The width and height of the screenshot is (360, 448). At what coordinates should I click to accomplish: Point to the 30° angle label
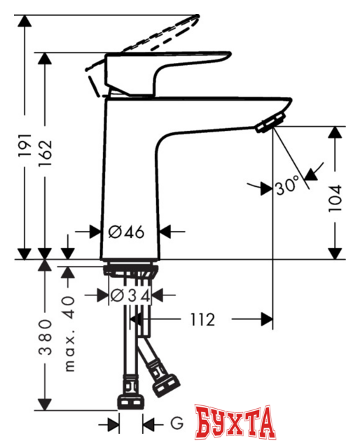[287, 187]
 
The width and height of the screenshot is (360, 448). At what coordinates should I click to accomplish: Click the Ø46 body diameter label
[128, 231]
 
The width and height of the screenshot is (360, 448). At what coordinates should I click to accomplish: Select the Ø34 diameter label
[131, 295]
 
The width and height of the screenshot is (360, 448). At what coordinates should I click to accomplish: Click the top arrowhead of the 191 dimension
[26, 20]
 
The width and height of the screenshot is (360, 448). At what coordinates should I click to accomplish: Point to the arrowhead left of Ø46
[96, 231]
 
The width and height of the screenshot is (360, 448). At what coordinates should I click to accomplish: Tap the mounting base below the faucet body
[131, 269]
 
